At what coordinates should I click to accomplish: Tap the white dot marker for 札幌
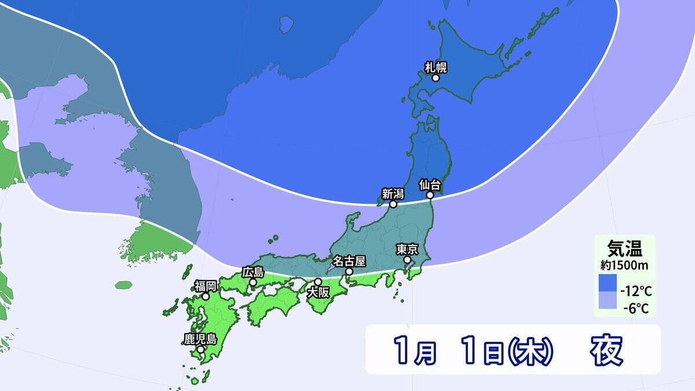(436, 78)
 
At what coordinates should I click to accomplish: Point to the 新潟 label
(393, 194)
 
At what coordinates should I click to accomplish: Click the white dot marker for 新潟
(393, 204)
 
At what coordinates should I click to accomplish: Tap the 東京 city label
(407, 249)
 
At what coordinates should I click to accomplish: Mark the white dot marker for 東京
(407, 260)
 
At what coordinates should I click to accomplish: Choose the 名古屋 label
(349, 261)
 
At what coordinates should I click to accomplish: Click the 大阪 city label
(318, 293)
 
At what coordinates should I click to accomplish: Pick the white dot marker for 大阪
(318, 282)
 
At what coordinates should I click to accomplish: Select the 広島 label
(253, 272)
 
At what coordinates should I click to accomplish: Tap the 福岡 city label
(206, 286)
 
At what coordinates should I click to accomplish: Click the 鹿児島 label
(200, 339)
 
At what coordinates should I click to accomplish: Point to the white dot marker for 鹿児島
(200, 349)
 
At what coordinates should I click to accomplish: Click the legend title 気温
(624, 250)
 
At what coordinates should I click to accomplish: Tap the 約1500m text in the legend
(624, 265)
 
